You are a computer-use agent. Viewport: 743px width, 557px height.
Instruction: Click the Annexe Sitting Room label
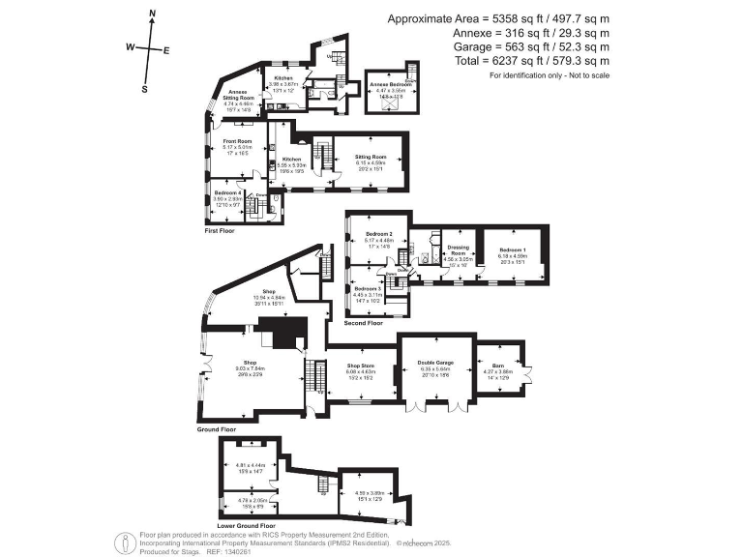[x=236, y=93]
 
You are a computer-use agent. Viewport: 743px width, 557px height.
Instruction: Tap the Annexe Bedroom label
[x=391, y=85]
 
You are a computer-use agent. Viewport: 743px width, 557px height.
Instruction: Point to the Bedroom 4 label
[x=226, y=194]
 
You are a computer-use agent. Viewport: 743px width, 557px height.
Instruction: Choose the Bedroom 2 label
[x=378, y=235]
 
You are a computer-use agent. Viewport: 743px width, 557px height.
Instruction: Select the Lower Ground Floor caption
[x=245, y=526]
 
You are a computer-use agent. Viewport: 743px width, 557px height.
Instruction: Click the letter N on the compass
[x=153, y=14]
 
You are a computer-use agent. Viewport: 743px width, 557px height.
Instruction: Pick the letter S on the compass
[x=144, y=89]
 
